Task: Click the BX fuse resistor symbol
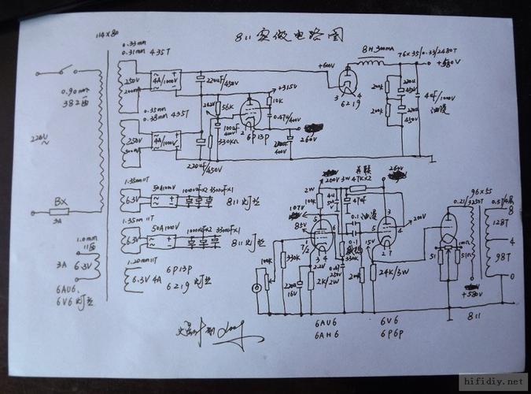tap(60, 211)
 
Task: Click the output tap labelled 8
tap(514, 211)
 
